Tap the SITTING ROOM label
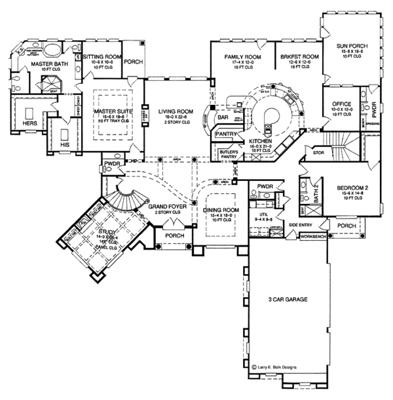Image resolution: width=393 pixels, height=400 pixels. [101, 56]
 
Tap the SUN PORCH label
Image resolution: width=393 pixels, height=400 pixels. [350, 46]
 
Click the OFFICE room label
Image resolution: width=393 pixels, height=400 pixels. [342, 104]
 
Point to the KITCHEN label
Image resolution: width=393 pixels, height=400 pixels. [260, 142]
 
